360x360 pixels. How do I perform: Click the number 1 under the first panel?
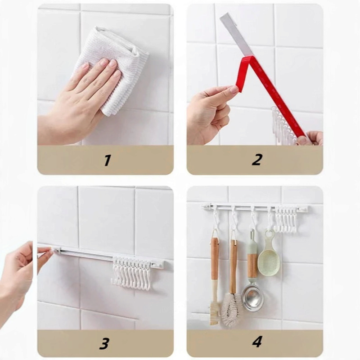[x=107, y=160]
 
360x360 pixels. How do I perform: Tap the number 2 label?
[x=256, y=160]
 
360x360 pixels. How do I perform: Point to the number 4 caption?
[x=257, y=342]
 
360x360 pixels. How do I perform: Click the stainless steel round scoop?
[x=252, y=298]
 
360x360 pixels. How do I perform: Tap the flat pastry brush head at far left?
[x=215, y=313]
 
